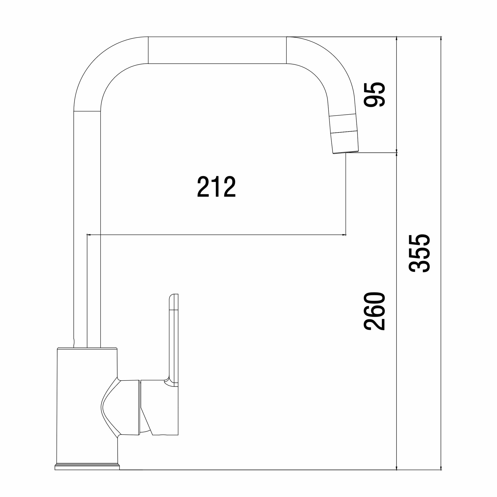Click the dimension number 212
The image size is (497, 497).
click(x=216, y=187)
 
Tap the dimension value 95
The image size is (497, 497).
click(x=374, y=94)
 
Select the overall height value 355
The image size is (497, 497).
click(x=419, y=253)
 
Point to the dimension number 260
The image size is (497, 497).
click(x=374, y=311)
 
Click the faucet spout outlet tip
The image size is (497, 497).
click(x=346, y=152)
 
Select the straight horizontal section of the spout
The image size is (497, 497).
click(x=217, y=50)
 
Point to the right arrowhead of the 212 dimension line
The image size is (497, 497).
click(x=344, y=235)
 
